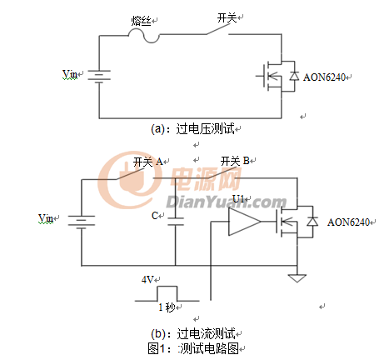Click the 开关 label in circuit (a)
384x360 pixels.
[227, 17]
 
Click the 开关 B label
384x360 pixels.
[235, 161]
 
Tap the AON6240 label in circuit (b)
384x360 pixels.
[349, 222]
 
